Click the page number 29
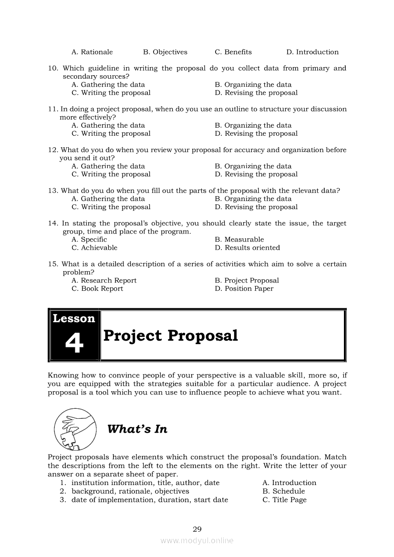point(197,529)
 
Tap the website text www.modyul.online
point(197,541)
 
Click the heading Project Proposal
point(170,335)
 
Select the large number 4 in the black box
point(74,343)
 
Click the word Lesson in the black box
point(74,318)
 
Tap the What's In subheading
point(137,429)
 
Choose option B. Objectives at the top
point(165,52)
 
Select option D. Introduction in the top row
point(312,52)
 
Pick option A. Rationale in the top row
point(92,52)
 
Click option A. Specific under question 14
point(89,240)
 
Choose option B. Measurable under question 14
point(239,240)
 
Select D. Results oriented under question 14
point(247,248)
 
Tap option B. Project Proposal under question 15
point(247,281)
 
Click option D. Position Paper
point(244,289)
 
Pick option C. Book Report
point(97,289)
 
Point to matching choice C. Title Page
point(284,500)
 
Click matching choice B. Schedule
point(283,491)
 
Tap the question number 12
point(53,150)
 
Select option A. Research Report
point(104,281)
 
